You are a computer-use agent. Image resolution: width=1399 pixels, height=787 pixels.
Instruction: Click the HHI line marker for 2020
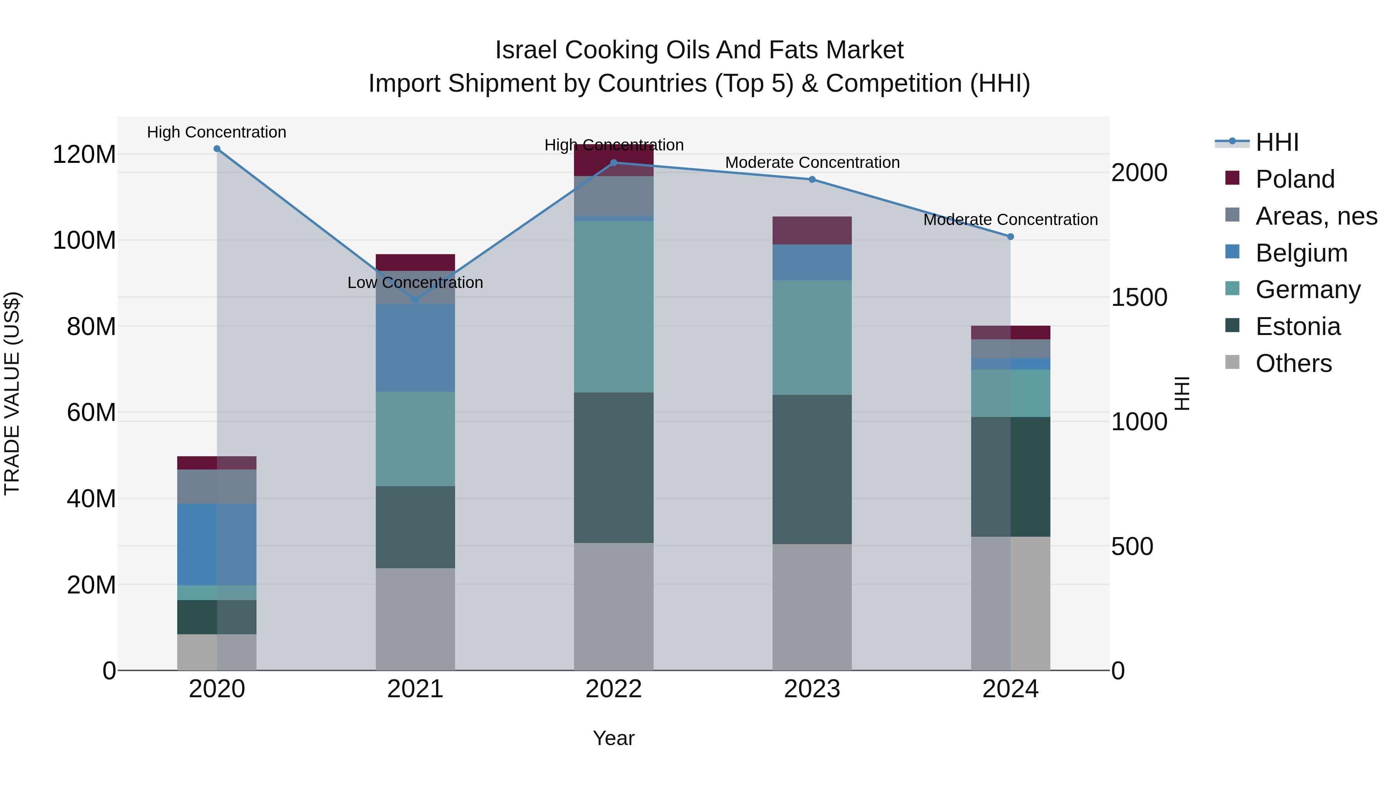217,149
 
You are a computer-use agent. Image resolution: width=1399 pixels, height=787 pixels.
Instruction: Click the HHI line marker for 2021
415,300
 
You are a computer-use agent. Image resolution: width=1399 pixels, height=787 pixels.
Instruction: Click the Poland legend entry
1295,179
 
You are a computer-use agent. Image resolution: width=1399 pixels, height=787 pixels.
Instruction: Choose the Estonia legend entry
1298,326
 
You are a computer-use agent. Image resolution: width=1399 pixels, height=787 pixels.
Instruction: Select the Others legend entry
1294,363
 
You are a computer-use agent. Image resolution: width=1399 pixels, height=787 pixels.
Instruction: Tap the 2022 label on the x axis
614,689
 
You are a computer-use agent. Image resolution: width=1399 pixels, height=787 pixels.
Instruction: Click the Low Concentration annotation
415,283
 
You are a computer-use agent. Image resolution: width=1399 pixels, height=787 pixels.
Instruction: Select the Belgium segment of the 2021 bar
415,347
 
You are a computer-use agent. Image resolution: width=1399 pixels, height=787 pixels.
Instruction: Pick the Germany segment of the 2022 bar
614,307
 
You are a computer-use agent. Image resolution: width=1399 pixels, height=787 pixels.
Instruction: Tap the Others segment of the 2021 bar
415,619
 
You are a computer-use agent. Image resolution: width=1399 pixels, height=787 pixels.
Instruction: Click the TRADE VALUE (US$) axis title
12,393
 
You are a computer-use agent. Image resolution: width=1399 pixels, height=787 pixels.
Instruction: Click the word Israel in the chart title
526,50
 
